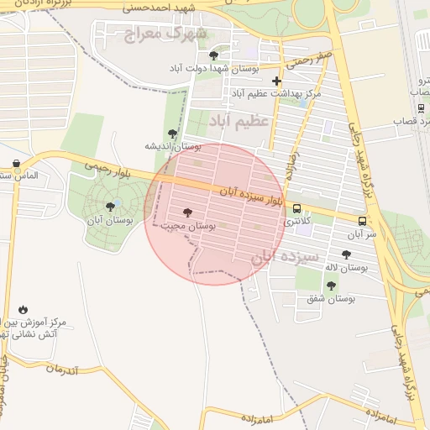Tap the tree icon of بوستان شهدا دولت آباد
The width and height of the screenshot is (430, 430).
click(213, 55)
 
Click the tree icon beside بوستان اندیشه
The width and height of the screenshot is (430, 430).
click(172, 133)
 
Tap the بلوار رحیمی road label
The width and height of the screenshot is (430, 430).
click(107, 167)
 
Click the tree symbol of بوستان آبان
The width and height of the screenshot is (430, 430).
click(110, 206)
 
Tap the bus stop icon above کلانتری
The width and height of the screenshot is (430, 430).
click(296, 209)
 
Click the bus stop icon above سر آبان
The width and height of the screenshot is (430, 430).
click(361, 220)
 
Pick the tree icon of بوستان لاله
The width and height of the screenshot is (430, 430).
click(346, 254)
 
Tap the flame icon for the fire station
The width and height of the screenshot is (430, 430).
click(22, 309)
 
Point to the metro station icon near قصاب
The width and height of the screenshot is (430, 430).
click(420, 107)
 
